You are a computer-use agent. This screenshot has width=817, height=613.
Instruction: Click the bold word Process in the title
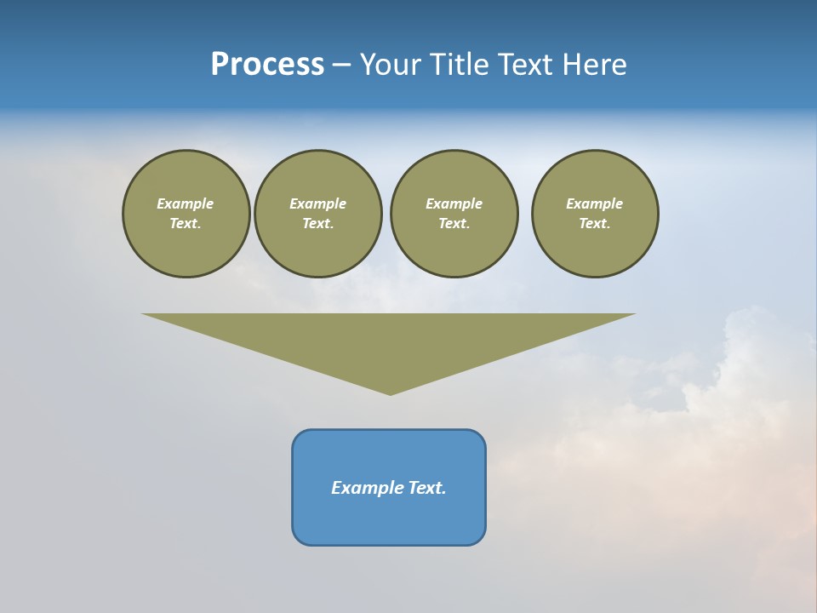[267, 64]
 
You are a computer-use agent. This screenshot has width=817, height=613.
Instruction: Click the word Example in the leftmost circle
[186, 203]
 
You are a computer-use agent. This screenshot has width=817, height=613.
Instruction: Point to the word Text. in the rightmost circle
[595, 223]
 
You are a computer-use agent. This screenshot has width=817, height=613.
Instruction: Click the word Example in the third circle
[454, 203]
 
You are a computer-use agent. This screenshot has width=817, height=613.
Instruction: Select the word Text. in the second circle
[318, 223]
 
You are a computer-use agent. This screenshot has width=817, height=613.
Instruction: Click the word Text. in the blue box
[426, 488]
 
